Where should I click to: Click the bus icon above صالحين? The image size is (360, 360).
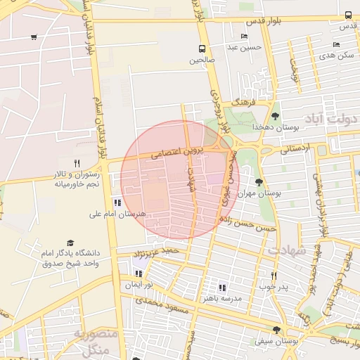tap(202, 49)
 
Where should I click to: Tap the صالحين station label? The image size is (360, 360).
tap(202, 60)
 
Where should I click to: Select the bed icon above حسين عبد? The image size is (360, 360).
tap(244, 37)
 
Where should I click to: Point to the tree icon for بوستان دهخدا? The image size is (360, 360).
tap(274, 116)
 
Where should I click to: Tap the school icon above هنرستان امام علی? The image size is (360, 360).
tap(117, 202)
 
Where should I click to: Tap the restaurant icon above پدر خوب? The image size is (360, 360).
tap(274, 276)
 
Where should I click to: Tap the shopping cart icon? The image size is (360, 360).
tap(34, 37)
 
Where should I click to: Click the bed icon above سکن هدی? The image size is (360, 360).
tap(335, 44)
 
